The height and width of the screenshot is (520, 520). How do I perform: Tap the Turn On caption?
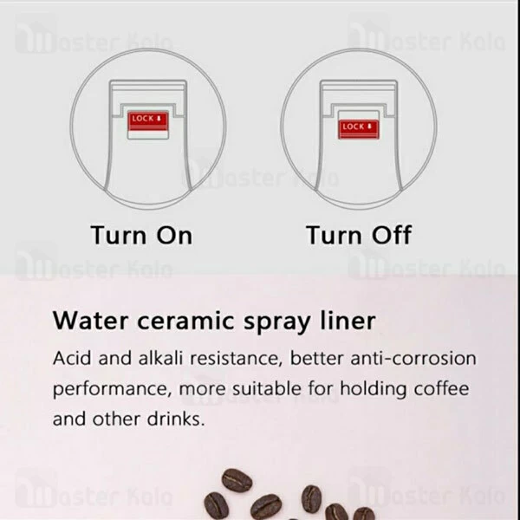(141, 235)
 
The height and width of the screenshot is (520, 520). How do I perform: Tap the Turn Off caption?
(358, 235)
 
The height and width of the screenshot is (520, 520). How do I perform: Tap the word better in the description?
(316, 358)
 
